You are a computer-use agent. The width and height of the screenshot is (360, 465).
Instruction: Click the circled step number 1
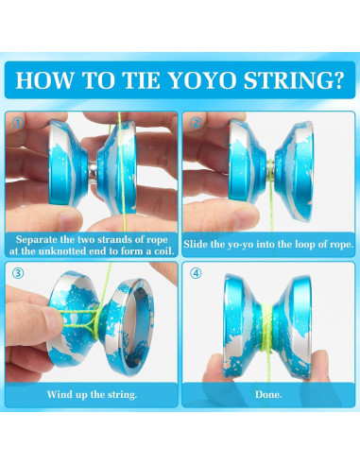pyautogui.click(x=16, y=123)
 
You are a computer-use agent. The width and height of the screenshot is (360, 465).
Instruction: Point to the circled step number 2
pyautogui.click(x=196, y=123)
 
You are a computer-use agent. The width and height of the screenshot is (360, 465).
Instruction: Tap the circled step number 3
pyautogui.click(x=16, y=275)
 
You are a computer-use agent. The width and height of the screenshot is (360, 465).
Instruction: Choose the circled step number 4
pyautogui.click(x=196, y=275)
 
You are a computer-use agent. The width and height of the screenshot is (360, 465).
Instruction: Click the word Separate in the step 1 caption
pyautogui.click(x=41, y=241)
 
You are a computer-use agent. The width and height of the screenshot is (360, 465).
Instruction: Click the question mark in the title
pyautogui.click(x=337, y=78)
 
